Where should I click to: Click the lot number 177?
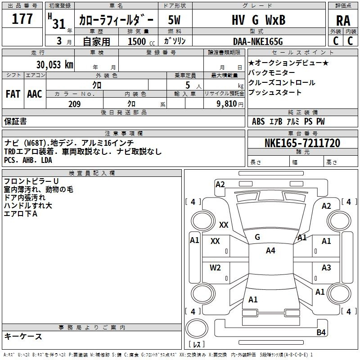pos(22,18)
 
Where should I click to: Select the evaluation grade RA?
pos(343,20)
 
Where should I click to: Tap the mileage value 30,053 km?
pos(54,65)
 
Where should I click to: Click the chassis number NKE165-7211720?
pos(302,143)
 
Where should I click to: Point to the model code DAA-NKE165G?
pos(258,41)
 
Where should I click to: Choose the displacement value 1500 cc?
pos(141,41)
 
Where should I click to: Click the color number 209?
pos(75,104)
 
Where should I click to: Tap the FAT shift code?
pos(13,94)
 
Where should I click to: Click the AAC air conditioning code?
pos(35,94)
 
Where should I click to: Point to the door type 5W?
pos(174,20)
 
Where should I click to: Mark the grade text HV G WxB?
pos(258,20)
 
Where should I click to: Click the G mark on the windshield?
pos(257,237)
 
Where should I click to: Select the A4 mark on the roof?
pos(270,251)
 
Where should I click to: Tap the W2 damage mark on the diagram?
pos(215,268)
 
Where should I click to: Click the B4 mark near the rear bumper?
pos(321,332)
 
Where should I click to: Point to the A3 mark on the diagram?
pos(326,267)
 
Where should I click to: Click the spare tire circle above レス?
pos(197,328)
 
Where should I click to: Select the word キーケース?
pos(23,337)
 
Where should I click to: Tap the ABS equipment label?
pos(258,121)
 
